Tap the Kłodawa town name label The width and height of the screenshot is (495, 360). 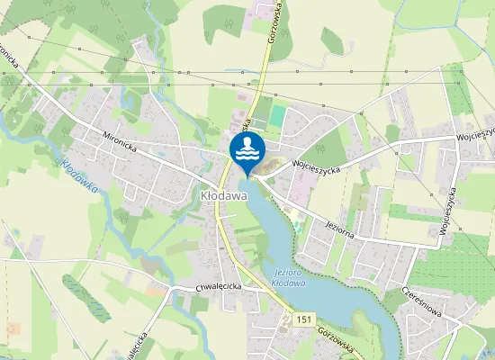tap(218, 193)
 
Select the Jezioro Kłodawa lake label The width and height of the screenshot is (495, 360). tap(288, 278)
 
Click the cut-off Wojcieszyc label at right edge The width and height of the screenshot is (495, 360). tap(474, 134)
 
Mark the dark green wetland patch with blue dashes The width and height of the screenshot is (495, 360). tap(87, 298)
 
